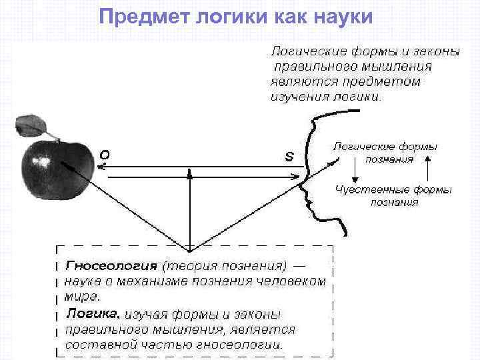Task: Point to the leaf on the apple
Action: tap(31, 125)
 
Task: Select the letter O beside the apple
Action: tap(105, 154)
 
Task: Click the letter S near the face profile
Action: tap(289, 157)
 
